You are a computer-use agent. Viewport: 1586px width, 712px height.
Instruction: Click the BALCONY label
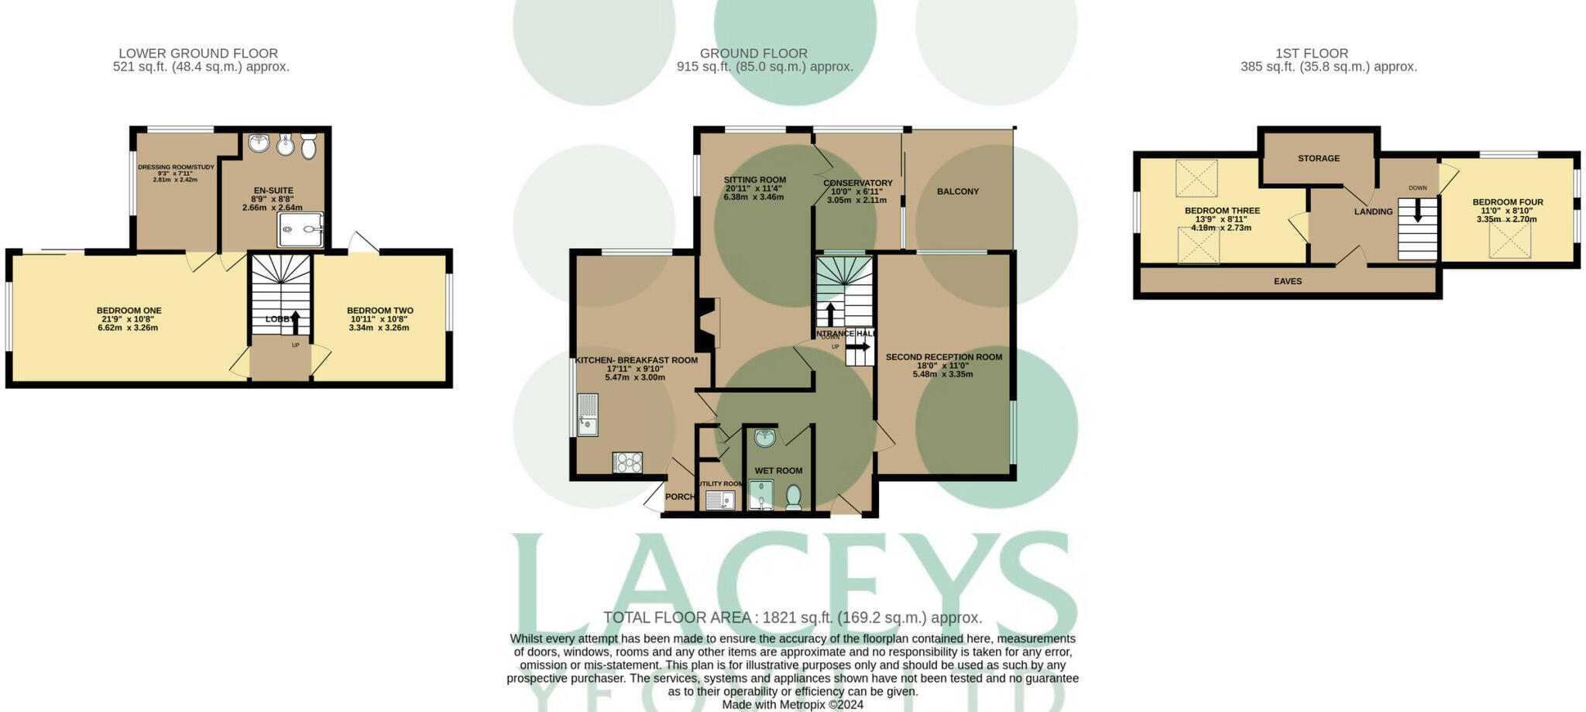tap(957, 191)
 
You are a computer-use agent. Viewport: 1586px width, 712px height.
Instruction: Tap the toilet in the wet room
tap(793, 496)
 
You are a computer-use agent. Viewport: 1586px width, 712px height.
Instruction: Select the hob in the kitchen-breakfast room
tap(627, 463)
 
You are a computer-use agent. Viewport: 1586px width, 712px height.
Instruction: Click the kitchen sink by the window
tap(587, 415)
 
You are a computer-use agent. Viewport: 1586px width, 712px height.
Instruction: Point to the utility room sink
tap(720, 500)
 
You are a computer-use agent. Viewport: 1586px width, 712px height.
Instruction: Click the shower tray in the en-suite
tap(300, 229)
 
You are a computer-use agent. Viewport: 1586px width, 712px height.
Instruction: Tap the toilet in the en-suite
tap(308, 146)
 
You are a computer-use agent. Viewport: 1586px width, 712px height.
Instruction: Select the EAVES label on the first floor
tap(1287, 281)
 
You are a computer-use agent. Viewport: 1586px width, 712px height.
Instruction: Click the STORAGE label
tap(1318, 158)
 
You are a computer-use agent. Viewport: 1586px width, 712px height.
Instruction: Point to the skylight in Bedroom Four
tap(1510, 242)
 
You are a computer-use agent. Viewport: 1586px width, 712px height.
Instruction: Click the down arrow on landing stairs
tap(1417, 211)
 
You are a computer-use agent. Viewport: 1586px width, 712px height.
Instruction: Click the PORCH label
tap(679, 497)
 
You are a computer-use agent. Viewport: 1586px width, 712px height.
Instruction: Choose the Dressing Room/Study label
tap(176, 167)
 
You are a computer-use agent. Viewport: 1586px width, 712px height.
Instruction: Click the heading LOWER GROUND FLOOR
tap(198, 53)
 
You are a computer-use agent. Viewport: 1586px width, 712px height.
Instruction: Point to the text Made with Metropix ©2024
tap(792, 704)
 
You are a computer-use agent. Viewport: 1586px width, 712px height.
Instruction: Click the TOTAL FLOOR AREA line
tap(792, 617)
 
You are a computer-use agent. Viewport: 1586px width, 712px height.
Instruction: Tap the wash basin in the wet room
tap(764, 438)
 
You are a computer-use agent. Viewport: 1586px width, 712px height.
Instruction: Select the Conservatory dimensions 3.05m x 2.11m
tap(857, 200)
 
